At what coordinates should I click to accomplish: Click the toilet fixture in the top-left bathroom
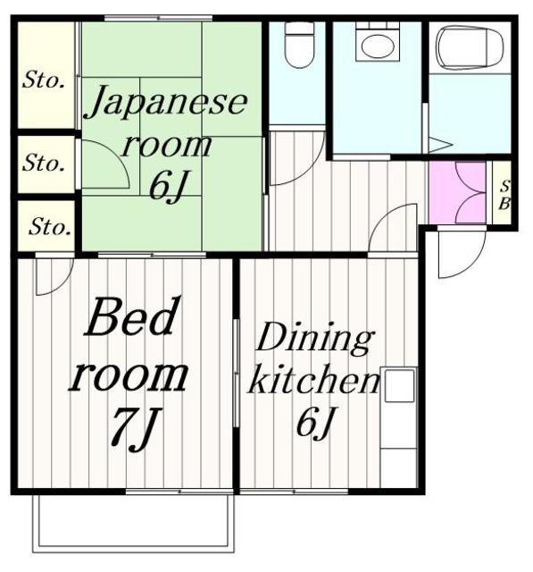299,45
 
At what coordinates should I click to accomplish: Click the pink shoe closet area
456,193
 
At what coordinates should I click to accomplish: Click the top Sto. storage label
44,81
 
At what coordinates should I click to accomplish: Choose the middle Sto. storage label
44,164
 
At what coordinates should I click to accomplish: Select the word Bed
129,319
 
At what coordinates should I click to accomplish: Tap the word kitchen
312,382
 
